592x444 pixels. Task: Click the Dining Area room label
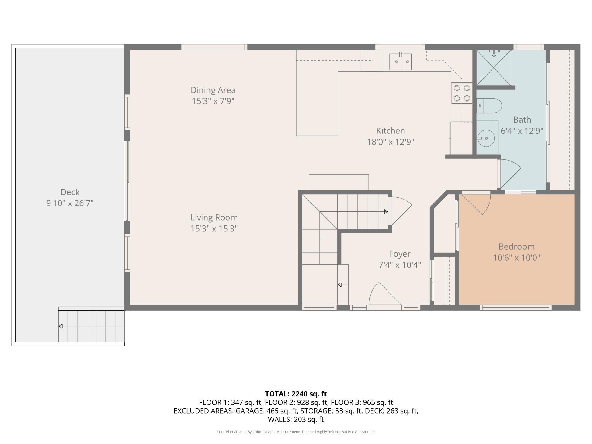213,90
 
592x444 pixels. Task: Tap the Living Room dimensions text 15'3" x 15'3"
214,229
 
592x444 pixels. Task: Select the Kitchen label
390,131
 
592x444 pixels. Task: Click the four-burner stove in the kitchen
462,93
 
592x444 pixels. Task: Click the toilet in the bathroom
489,106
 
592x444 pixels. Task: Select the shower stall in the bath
494,68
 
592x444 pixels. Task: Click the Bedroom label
517,246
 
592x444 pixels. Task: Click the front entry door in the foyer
384,293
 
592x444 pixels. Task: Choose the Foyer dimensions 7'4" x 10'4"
400,265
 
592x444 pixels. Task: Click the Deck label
70,192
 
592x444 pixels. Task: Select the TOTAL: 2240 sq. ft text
296,394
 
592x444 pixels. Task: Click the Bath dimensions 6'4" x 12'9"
522,131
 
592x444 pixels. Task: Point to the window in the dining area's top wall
214,47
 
